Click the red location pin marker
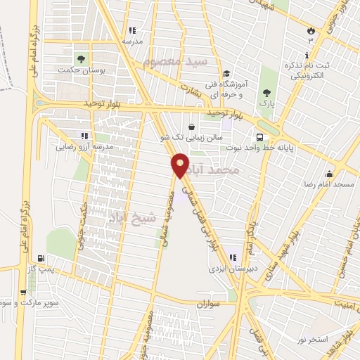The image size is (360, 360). [x=181, y=164]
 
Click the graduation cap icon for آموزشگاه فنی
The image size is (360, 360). [x=226, y=74]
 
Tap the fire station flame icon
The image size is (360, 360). [x=310, y=31]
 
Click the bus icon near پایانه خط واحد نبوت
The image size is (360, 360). [x=260, y=137]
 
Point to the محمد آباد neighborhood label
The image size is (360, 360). [x=236, y=171]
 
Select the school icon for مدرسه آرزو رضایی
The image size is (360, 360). [x=84, y=136]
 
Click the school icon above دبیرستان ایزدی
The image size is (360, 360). [x=248, y=257]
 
